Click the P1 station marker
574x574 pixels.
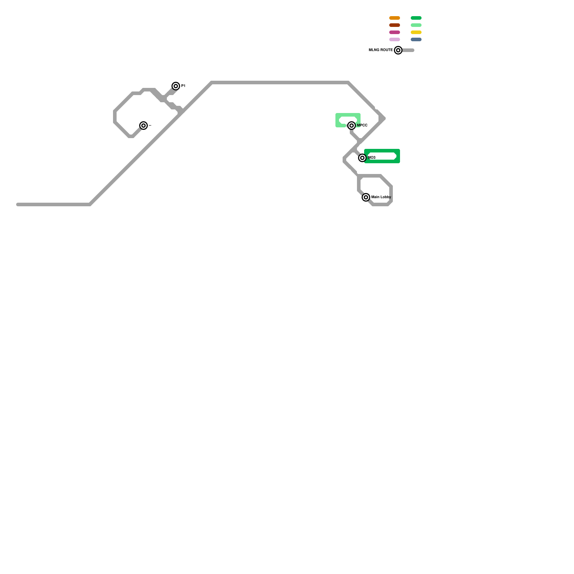[176, 86]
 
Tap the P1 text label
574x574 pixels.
[183, 86]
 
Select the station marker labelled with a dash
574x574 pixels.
[143, 126]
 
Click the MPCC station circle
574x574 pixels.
[352, 126]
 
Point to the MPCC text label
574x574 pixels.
[362, 126]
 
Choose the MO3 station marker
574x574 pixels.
[362, 158]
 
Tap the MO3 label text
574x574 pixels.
[372, 158]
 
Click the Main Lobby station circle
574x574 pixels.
[366, 197]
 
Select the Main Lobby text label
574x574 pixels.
[381, 197]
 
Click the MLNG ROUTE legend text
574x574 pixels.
[381, 50]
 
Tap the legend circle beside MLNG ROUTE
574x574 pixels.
[398, 50]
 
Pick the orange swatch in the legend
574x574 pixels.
[395, 18]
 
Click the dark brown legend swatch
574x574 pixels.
[395, 25]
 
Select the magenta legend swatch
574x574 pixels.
[395, 32]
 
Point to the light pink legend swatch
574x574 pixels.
[395, 39]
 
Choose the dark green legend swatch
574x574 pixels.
[416, 18]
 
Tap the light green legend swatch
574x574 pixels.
[416, 25]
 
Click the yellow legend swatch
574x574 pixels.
[416, 32]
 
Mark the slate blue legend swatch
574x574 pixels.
[416, 39]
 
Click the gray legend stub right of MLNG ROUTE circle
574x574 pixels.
[409, 50]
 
